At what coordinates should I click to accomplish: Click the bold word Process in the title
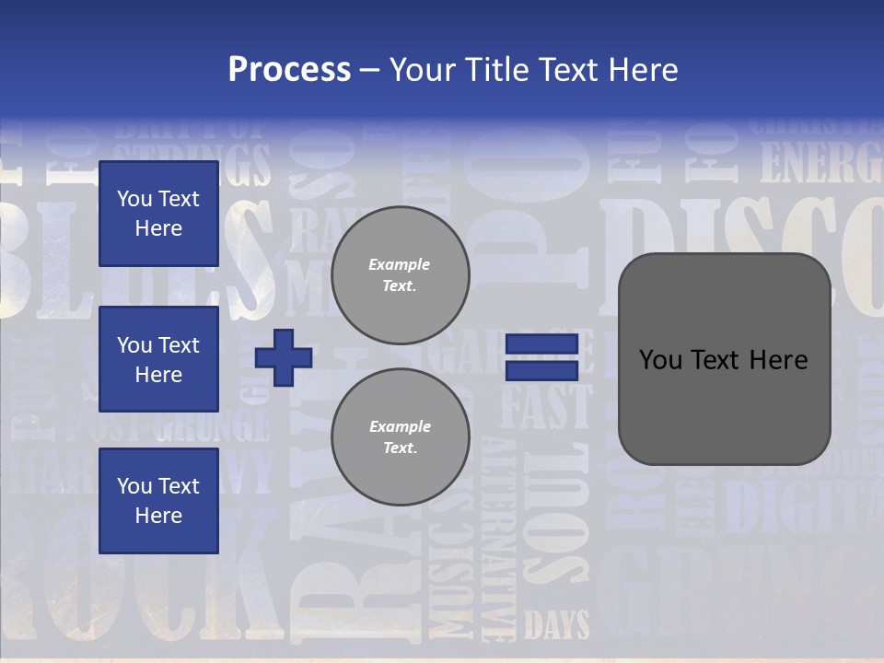(289, 70)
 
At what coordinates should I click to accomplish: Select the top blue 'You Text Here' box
(158, 214)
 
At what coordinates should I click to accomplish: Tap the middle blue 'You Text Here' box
(158, 359)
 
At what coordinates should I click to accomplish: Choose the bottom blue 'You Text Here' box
(158, 501)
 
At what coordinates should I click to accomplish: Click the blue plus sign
(284, 358)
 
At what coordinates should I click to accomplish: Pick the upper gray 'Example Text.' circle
(401, 275)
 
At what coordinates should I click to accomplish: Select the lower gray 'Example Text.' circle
(401, 437)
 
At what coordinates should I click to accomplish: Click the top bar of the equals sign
(541, 344)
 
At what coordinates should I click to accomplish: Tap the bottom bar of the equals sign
(541, 370)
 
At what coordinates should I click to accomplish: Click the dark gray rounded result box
(724, 359)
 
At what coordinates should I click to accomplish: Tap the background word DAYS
(557, 626)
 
